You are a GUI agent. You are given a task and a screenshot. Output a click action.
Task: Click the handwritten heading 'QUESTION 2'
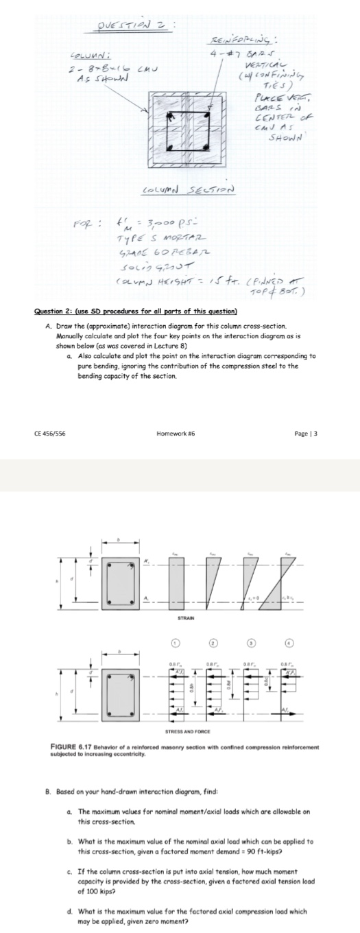tap(130, 27)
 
